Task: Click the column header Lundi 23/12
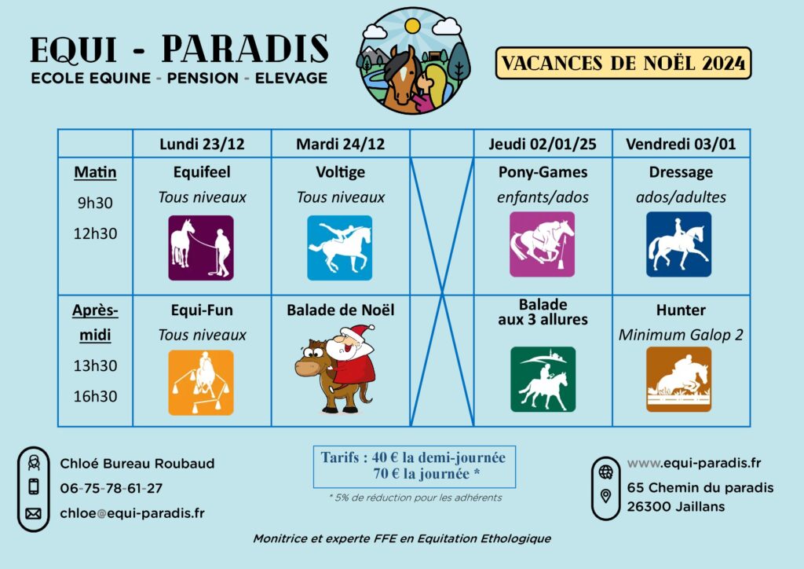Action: point(202,144)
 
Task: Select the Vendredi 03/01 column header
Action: point(681,144)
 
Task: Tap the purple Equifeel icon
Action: point(201,248)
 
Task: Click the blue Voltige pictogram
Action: point(339,248)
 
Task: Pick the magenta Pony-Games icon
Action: point(542,244)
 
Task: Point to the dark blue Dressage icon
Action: point(679,244)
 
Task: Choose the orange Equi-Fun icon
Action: point(201,383)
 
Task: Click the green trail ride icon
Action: point(543,379)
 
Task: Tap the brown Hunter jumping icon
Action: point(679,379)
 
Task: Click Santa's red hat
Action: point(360,332)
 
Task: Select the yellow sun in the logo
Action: point(412,26)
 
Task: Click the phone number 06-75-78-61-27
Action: point(111,489)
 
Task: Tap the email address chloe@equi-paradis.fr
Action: point(132,513)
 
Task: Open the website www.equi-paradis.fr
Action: point(694,463)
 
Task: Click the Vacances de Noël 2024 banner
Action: point(623,63)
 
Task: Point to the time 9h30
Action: point(95,203)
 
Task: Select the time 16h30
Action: point(95,396)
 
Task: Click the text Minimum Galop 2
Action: point(681,335)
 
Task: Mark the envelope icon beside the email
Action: point(33,513)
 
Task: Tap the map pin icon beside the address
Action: point(605,496)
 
